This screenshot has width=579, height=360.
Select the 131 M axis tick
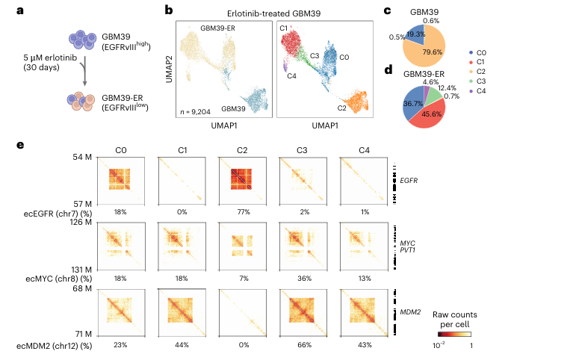(80, 270)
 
